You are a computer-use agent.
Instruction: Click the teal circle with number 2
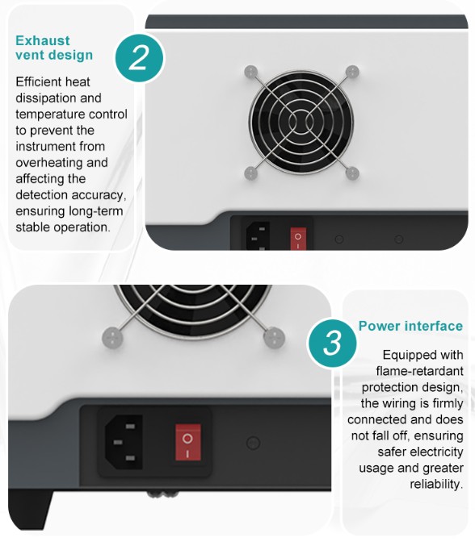point(140,58)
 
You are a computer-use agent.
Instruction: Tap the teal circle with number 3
point(332,343)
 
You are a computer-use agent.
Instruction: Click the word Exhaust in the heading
point(43,40)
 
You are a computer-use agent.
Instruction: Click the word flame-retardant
point(419,371)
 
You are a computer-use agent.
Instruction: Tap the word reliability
point(436,484)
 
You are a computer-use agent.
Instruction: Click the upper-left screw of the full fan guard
point(251,72)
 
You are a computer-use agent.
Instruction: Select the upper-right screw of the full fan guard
point(352,72)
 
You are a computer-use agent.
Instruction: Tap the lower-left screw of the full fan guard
point(251,173)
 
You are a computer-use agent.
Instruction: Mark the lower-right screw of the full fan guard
point(352,173)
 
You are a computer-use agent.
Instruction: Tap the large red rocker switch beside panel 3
point(188,442)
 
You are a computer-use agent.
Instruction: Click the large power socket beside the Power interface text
point(124,442)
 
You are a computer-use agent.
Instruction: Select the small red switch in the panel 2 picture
point(298,240)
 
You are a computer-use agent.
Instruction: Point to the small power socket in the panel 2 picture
point(258,236)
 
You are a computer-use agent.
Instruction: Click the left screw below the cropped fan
point(112,338)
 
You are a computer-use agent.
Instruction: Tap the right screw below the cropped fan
point(274,338)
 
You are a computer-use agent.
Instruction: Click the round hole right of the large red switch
point(253,443)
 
